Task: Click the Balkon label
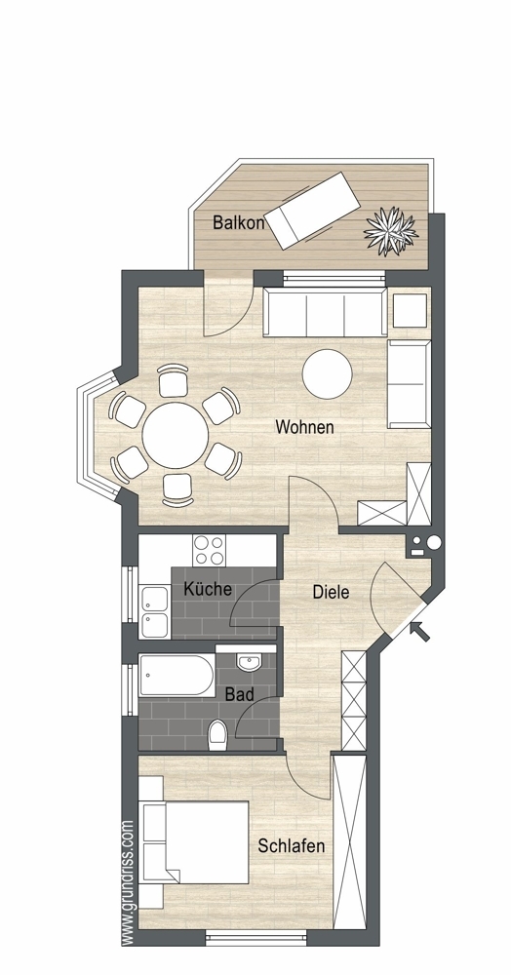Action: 238,222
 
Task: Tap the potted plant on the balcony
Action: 391,231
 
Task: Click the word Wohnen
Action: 304,427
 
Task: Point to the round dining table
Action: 176,435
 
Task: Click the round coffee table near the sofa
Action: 328,373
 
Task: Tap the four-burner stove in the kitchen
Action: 209,550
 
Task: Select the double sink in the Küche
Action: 154,612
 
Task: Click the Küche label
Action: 209,589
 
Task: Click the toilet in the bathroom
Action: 217,734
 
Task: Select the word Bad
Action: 239,694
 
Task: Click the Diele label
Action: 331,592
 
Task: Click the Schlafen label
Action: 292,845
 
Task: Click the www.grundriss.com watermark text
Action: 128,883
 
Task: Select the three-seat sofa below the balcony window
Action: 325,312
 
